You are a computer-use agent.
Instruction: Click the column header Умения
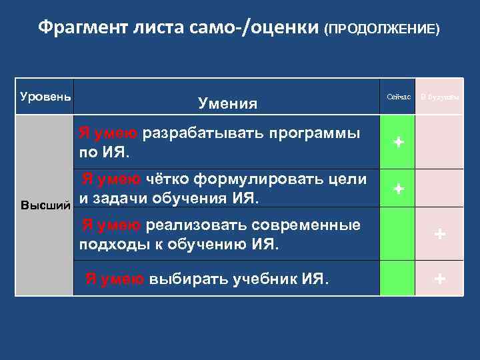(227, 103)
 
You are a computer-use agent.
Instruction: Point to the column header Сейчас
(398, 97)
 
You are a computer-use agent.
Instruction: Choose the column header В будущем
(439, 97)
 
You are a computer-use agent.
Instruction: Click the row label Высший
(45, 204)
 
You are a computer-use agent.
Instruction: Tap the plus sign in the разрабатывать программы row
(398, 143)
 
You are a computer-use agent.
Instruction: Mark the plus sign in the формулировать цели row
(398, 189)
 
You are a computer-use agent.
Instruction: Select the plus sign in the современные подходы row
(439, 234)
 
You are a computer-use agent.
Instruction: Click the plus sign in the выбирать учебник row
(439, 279)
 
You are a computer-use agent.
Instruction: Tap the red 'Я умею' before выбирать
(113, 279)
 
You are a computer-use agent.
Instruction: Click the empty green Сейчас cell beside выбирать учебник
(398, 279)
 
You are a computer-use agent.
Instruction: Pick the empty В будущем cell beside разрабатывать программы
(439, 143)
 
